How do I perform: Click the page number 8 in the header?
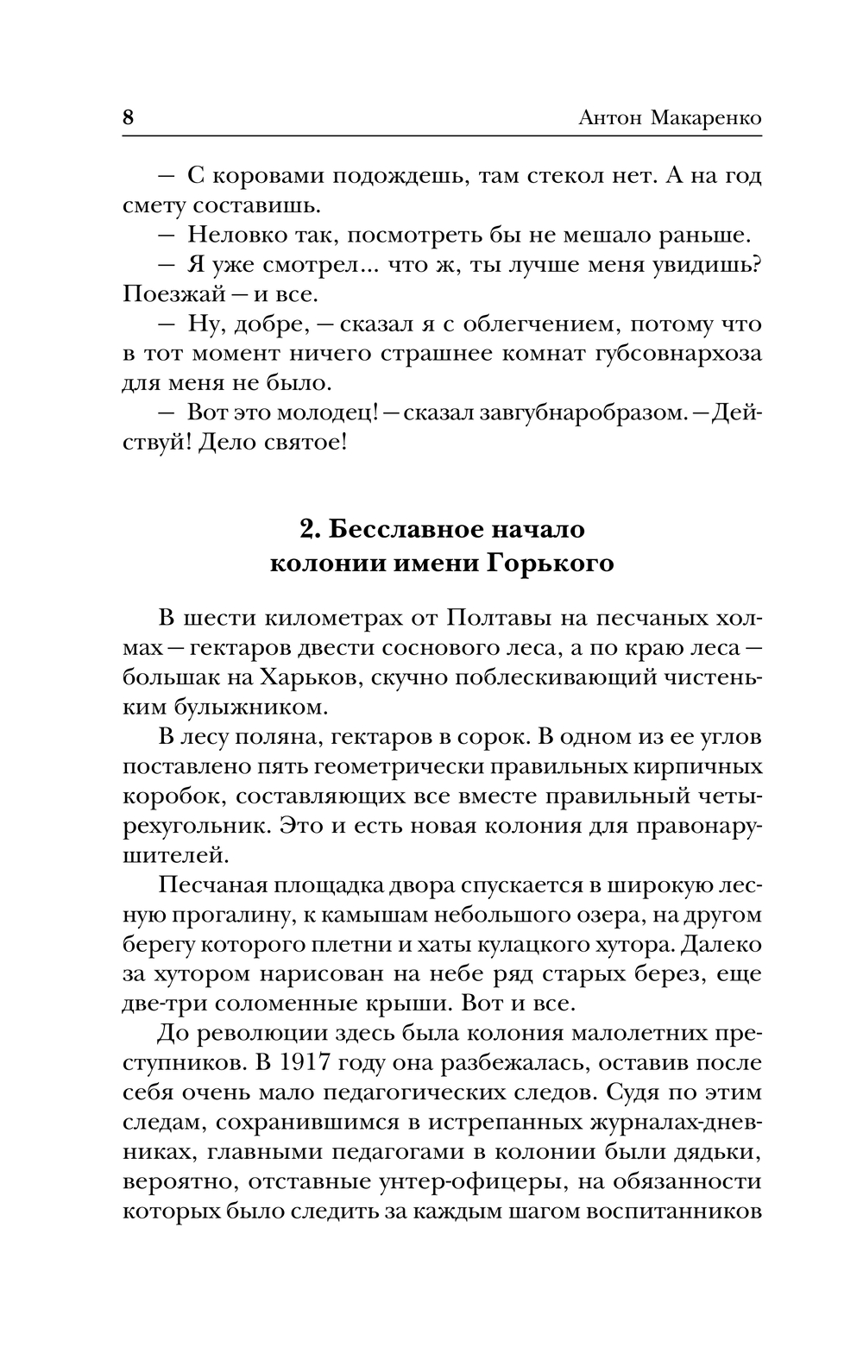(x=128, y=117)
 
